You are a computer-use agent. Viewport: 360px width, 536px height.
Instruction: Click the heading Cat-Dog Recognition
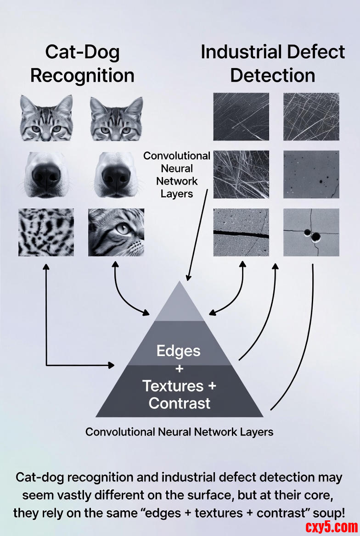click(82, 64)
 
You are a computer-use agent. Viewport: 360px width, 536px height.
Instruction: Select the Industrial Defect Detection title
click(273, 64)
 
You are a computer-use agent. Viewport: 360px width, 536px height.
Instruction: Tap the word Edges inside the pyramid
click(179, 351)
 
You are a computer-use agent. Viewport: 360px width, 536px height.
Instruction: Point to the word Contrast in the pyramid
click(180, 403)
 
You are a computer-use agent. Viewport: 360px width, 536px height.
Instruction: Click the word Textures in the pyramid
click(172, 386)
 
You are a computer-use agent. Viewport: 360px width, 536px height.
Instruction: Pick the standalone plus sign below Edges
click(179, 368)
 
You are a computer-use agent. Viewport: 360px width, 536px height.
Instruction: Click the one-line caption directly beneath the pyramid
click(180, 432)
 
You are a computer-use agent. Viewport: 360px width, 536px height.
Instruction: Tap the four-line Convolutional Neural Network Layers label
click(177, 174)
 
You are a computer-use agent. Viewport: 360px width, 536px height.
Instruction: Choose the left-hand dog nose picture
click(46, 175)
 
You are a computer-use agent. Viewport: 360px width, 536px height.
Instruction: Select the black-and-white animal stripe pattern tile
click(46, 232)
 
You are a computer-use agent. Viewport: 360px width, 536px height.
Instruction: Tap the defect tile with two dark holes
click(311, 232)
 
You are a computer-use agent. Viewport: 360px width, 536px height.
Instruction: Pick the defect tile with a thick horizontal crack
click(241, 232)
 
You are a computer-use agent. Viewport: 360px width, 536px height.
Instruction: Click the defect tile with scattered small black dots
click(311, 174)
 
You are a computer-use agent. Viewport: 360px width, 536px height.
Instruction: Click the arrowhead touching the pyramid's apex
click(187, 278)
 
